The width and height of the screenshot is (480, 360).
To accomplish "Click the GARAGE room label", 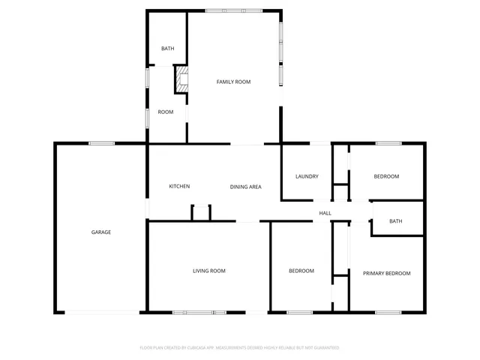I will click(101, 232).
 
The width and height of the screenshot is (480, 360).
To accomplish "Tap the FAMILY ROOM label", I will click(233, 82).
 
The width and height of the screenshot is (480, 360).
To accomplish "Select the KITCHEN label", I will click(179, 186).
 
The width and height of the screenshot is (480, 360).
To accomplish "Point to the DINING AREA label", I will click(245, 186).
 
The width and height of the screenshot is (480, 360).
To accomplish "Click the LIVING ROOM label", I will click(209, 271).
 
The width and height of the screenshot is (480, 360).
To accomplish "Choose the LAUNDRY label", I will click(307, 177).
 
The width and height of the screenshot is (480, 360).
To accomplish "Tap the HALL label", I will click(325, 214).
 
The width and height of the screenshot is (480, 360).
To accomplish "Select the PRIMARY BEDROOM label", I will click(386, 274).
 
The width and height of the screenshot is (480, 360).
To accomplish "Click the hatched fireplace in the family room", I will click(181, 79).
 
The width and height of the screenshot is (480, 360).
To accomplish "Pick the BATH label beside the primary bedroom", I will click(395, 221).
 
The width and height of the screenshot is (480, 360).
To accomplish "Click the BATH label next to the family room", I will click(168, 49).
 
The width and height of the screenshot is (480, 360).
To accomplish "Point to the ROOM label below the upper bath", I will click(166, 112).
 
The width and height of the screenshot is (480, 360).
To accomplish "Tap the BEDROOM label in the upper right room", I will click(386, 177).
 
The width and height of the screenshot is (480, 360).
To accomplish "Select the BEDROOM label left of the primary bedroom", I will click(301, 271).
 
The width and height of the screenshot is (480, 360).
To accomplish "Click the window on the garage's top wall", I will click(101, 143).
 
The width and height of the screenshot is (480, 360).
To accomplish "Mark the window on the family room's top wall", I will click(234, 10).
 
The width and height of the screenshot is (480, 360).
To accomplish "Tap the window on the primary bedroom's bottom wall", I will click(388, 311).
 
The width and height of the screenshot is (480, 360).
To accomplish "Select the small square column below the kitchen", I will click(201, 212).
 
